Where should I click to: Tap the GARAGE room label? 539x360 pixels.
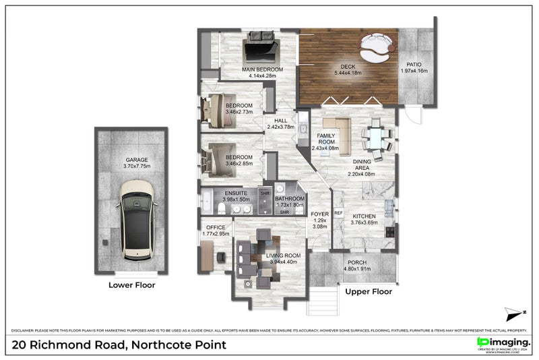(x=132, y=160)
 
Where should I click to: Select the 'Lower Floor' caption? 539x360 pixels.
(x=132, y=285)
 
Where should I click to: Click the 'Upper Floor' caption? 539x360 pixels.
(x=369, y=292)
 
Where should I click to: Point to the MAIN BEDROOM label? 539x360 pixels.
(x=263, y=69)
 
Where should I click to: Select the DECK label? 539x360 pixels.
(x=348, y=66)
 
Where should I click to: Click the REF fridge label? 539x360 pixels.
(x=339, y=213)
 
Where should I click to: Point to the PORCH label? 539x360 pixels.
(x=357, y=263)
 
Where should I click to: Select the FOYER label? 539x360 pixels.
(x=319, y=214)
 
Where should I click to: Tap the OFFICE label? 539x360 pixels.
(x=216, y=227)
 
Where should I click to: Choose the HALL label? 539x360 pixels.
(x=281, y=121)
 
